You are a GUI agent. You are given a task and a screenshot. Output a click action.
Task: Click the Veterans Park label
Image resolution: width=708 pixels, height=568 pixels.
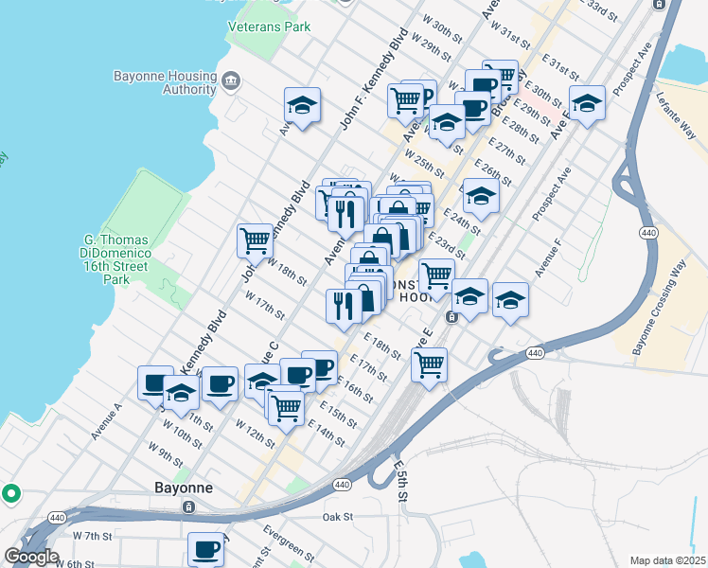pos(270,27)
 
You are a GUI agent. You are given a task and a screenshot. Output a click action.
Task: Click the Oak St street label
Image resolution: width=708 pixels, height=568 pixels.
pos(337,517)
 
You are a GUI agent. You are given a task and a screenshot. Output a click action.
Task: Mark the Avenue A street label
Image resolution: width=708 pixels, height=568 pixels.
pos(107,421)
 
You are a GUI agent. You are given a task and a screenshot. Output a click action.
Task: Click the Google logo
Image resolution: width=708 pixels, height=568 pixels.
pos(31,557)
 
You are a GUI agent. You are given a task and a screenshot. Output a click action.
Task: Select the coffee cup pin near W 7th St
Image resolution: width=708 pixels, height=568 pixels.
pos(206,548)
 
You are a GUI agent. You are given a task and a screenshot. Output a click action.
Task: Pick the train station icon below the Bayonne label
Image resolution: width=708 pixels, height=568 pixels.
pos(188,506)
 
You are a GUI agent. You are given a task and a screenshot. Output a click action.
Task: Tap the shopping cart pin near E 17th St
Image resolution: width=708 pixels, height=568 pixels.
pos(430,364)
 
